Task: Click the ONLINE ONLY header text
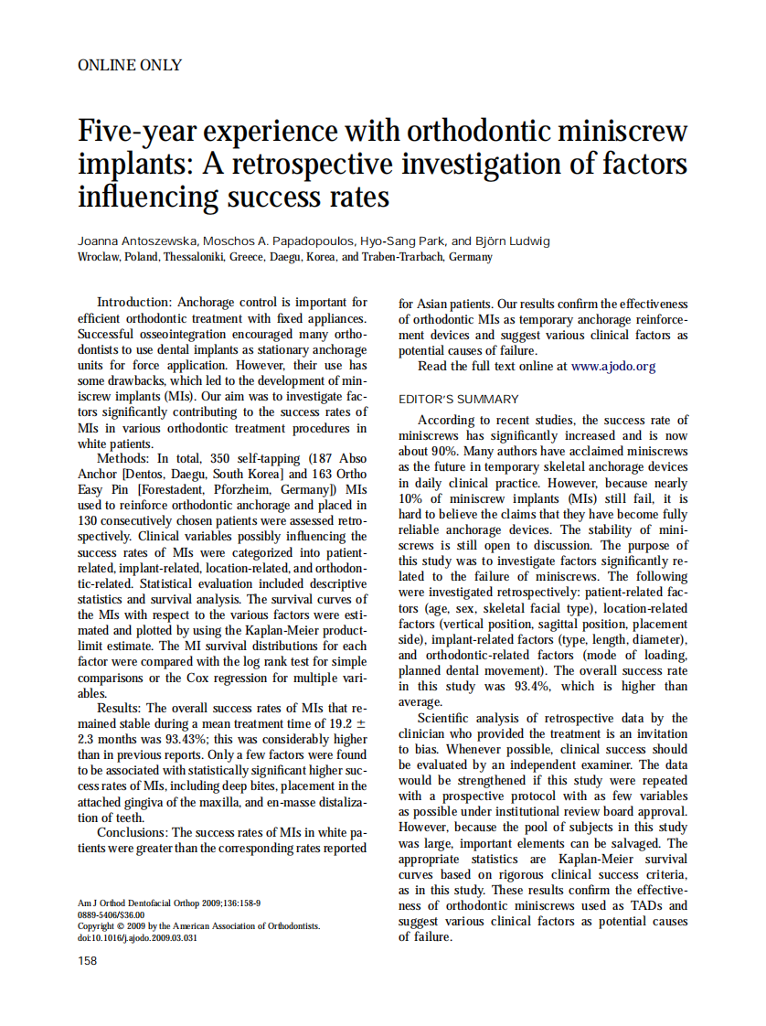click(130, 66)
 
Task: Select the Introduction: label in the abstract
click(134, 303)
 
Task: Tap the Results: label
click(120, 708)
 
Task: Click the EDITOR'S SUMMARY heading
click(458, 400)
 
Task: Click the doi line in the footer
click(137, 937)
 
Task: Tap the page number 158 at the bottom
click(88, 960)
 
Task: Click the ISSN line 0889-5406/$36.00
click(111, 914)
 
